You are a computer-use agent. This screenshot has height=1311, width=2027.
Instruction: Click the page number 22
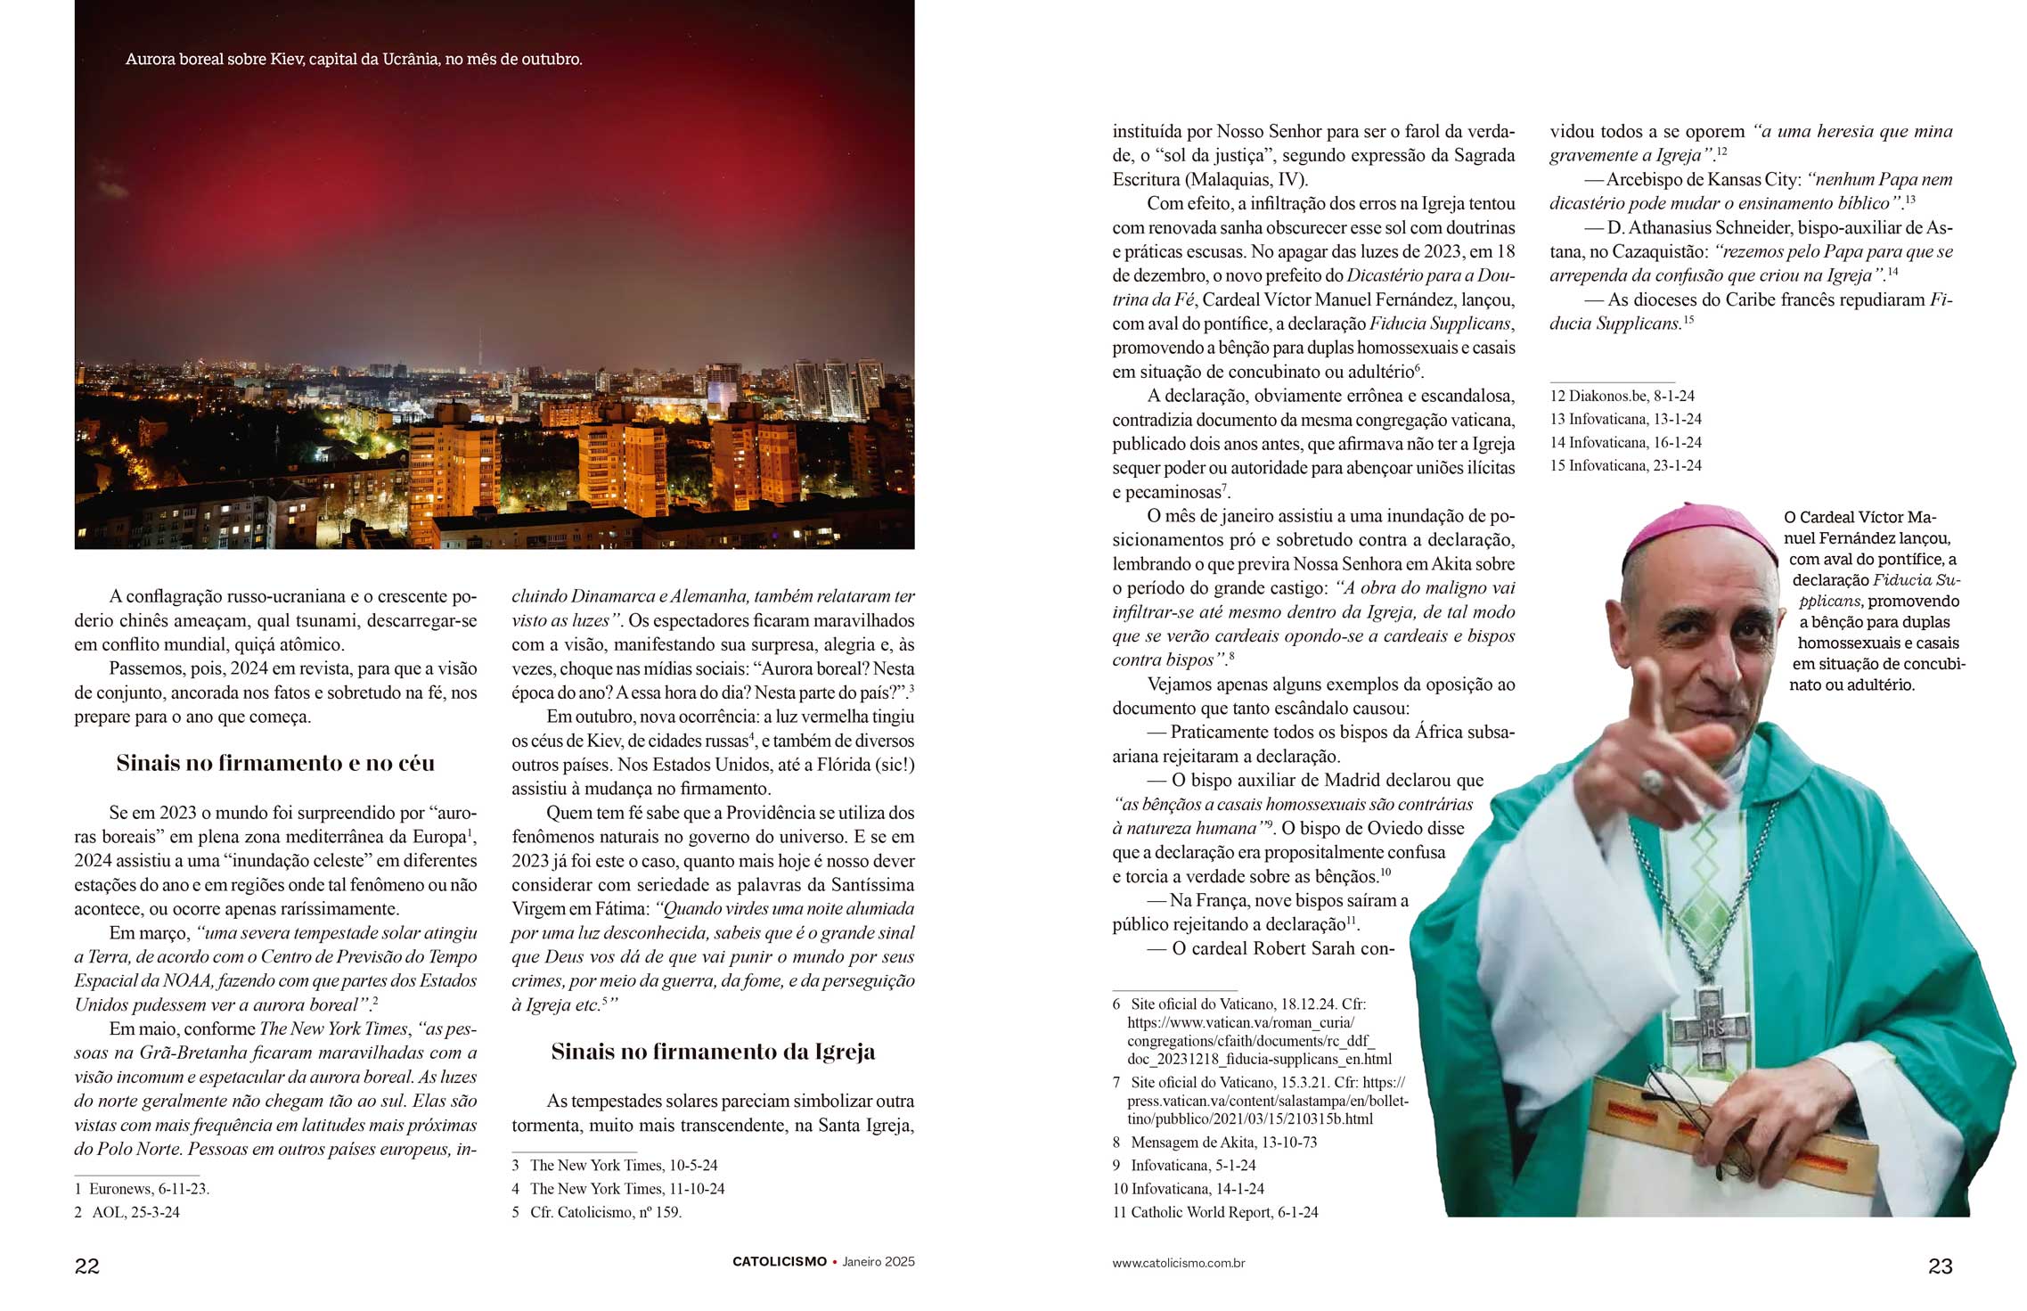pyautogui.click(x=87, y=1266)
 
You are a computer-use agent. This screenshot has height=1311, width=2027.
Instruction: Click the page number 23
pyautogui.click(x=1940, y=1266)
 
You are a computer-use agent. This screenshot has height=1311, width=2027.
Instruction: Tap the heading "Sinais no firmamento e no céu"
pyautogui.click(x=275, y=764)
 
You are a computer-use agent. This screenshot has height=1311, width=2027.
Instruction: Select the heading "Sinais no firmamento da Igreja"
pyautogui.click(x=713, y=1053)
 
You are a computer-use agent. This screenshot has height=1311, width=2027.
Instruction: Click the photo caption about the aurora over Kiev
pyautogui.click(x=354, y=60)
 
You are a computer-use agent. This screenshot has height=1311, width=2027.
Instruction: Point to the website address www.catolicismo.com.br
pyautogui.click(x=1178, y=1263)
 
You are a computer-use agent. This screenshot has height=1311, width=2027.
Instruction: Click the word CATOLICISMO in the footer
pyautogui.click(x=780, y=1262)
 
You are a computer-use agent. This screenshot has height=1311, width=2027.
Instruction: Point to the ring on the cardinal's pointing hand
pyautogui.click(x=1651, y=783)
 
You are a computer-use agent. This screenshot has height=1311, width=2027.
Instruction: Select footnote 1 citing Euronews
pyautogui.click(x=143, y=1189)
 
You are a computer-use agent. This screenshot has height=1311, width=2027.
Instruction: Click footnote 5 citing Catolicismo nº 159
pyautogui.click(x=597, y=1212)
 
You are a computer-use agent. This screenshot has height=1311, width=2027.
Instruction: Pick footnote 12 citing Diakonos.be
pyautogui.click(x=1622, y=396)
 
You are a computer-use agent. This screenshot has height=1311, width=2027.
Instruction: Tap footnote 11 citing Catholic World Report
pyautogui.click(x=1215, y=1212)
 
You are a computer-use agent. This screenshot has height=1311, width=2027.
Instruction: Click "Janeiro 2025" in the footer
pyautogui.click(x=879, y=1262)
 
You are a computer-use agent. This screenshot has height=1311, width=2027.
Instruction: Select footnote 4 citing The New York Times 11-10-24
pyautogui.click(x=618, y=1189)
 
